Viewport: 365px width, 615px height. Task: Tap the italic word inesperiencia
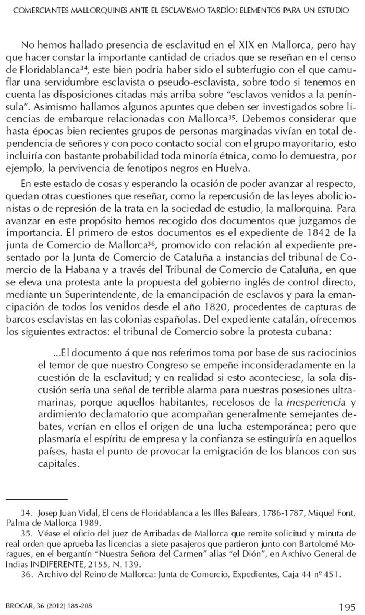pos(316,402)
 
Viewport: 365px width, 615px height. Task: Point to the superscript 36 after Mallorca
pos(151,244)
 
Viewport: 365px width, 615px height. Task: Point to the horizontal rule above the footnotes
pos(36,500)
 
